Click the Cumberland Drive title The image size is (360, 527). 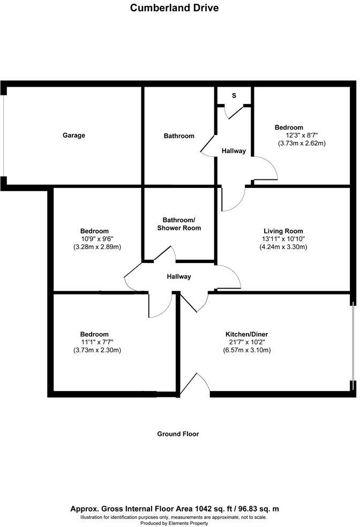click(x=174, y=8)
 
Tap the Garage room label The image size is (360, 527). click(x=74, y=135)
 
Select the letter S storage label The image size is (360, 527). click(x=234, y=95)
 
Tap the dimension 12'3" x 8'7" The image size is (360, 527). click(x=302, y=135)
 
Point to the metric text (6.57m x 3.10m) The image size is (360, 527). click(x=246, y=350)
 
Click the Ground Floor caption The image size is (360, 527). click(x=178, y=434)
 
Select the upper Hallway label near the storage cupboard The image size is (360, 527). click(x=234, y=151)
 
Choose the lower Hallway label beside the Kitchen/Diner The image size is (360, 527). click(x=178, y=277)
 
